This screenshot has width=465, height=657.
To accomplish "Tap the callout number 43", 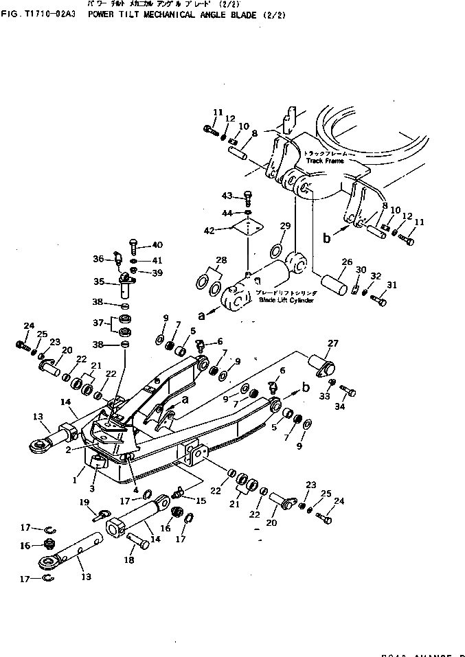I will pyautogui.click(x=227, y=196).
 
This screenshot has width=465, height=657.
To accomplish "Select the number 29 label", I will pyautogui.click(x=285, y=226).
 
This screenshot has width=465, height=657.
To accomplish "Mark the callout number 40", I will pyautogui.click(x=157, y=245).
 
